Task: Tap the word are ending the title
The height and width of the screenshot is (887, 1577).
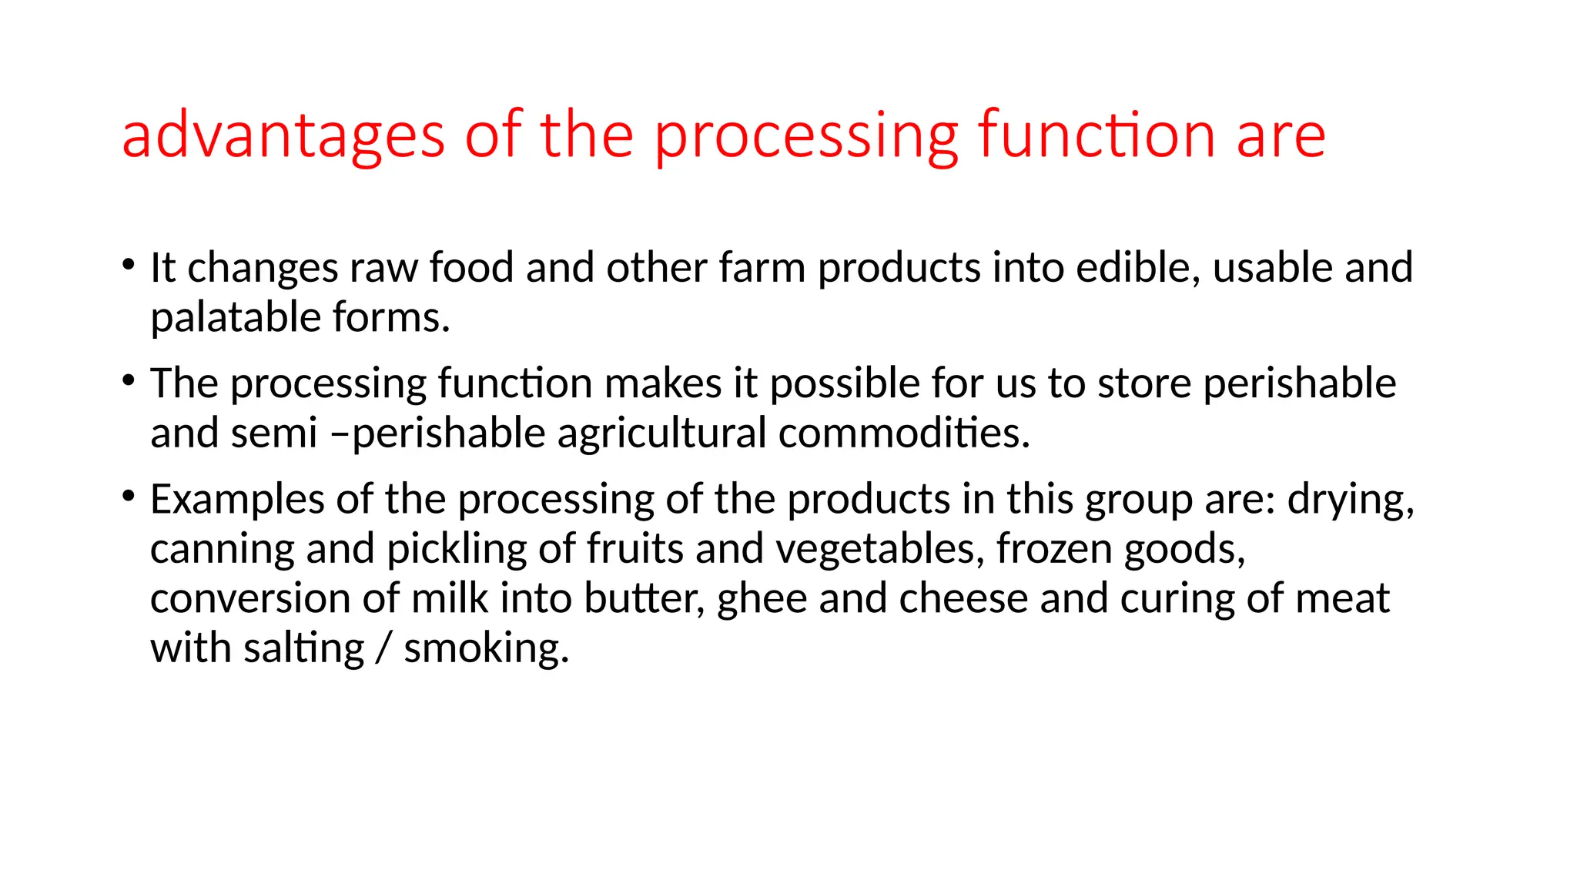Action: tap(1281, 136)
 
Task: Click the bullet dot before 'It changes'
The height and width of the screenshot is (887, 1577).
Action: tap(129, 264)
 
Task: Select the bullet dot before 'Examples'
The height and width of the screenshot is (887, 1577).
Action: tap(129, 496)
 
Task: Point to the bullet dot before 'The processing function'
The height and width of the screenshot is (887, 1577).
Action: tap(129, 380)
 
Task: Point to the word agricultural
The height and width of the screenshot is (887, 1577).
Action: tap(661, 433)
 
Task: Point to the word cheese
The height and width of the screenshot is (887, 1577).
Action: tap(963, 599)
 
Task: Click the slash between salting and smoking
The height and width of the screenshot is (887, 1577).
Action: tap(383, 648)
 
